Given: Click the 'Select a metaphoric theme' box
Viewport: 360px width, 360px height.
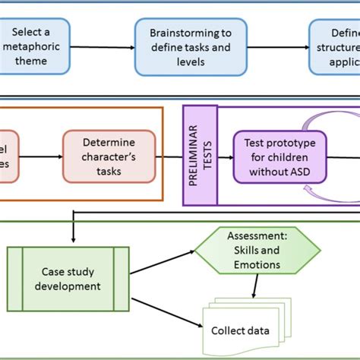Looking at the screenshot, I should pos(35,46).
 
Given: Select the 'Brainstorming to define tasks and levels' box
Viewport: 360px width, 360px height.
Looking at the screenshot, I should pos(191,46).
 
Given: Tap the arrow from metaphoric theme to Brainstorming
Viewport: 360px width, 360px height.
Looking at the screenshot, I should pos(102,46).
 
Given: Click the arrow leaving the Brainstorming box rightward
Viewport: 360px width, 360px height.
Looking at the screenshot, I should pos(278,46).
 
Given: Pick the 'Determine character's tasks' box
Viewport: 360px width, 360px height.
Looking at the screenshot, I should pos(109,156).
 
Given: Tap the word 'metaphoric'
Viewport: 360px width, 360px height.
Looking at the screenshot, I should pos(35,46).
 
